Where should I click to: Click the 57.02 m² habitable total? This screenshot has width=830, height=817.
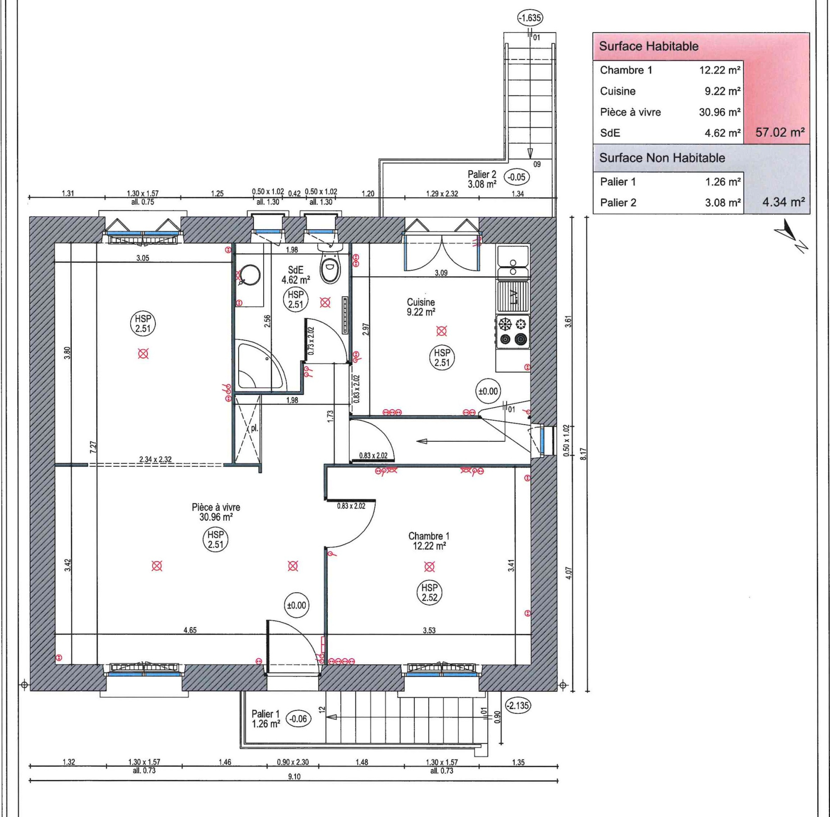pos(780,132)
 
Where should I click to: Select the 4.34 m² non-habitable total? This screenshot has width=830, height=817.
pos(783,202)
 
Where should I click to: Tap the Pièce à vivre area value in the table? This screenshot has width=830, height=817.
pos(720,113)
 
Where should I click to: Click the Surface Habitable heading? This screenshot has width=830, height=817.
pos(649,46)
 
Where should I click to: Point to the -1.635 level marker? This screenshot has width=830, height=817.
pos(530,18)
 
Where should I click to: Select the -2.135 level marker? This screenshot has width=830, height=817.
pos(518,705)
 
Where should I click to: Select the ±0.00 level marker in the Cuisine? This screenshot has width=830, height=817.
pos(488,392)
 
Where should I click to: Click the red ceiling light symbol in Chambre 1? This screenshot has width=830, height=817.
pos(429,566)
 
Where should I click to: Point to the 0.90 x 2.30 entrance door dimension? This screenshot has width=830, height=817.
pos(293,763)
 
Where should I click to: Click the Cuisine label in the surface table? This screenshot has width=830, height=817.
pos(618,91)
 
